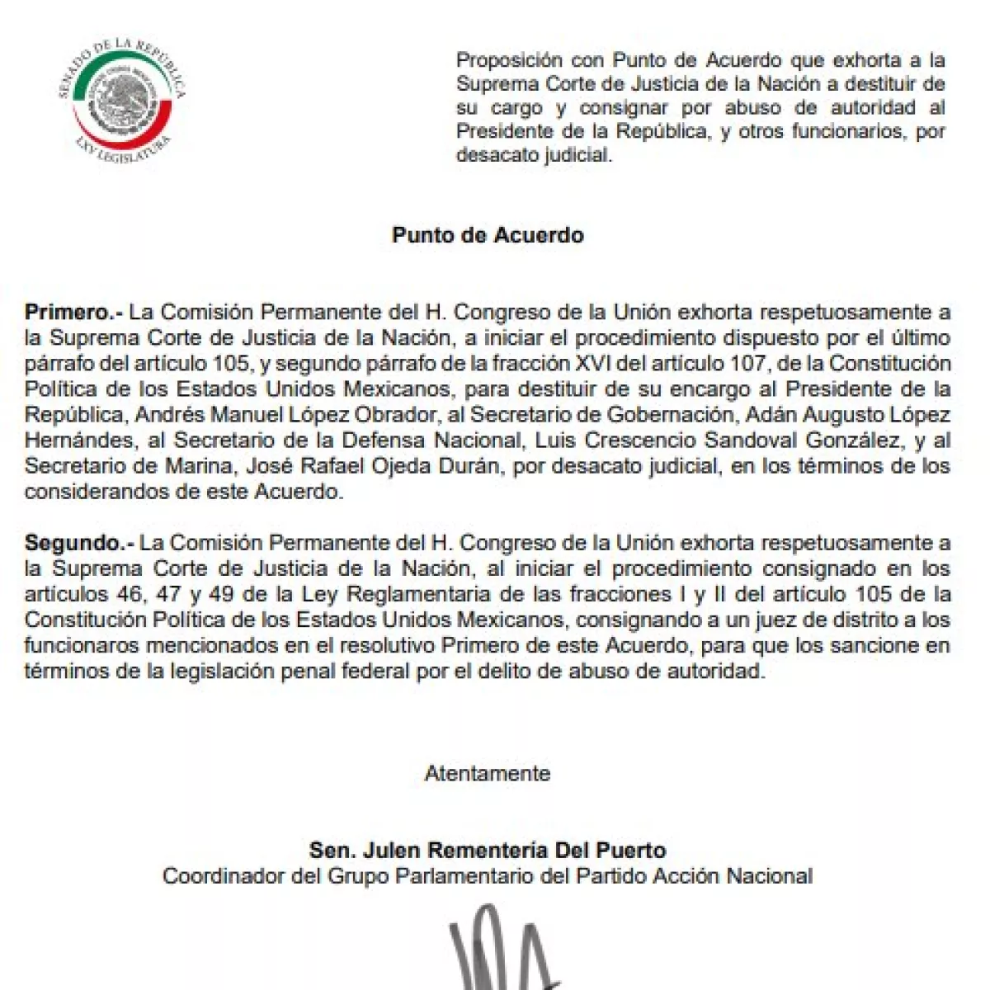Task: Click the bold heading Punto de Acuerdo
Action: pyautogui.click(x=488, y=235)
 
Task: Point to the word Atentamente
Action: pyautogui.click(x=487, y=774)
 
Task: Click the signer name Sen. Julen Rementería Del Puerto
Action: pyautogui.click(x=487, y=850)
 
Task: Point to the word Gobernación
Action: pyautogui.click(x=702, y=415)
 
